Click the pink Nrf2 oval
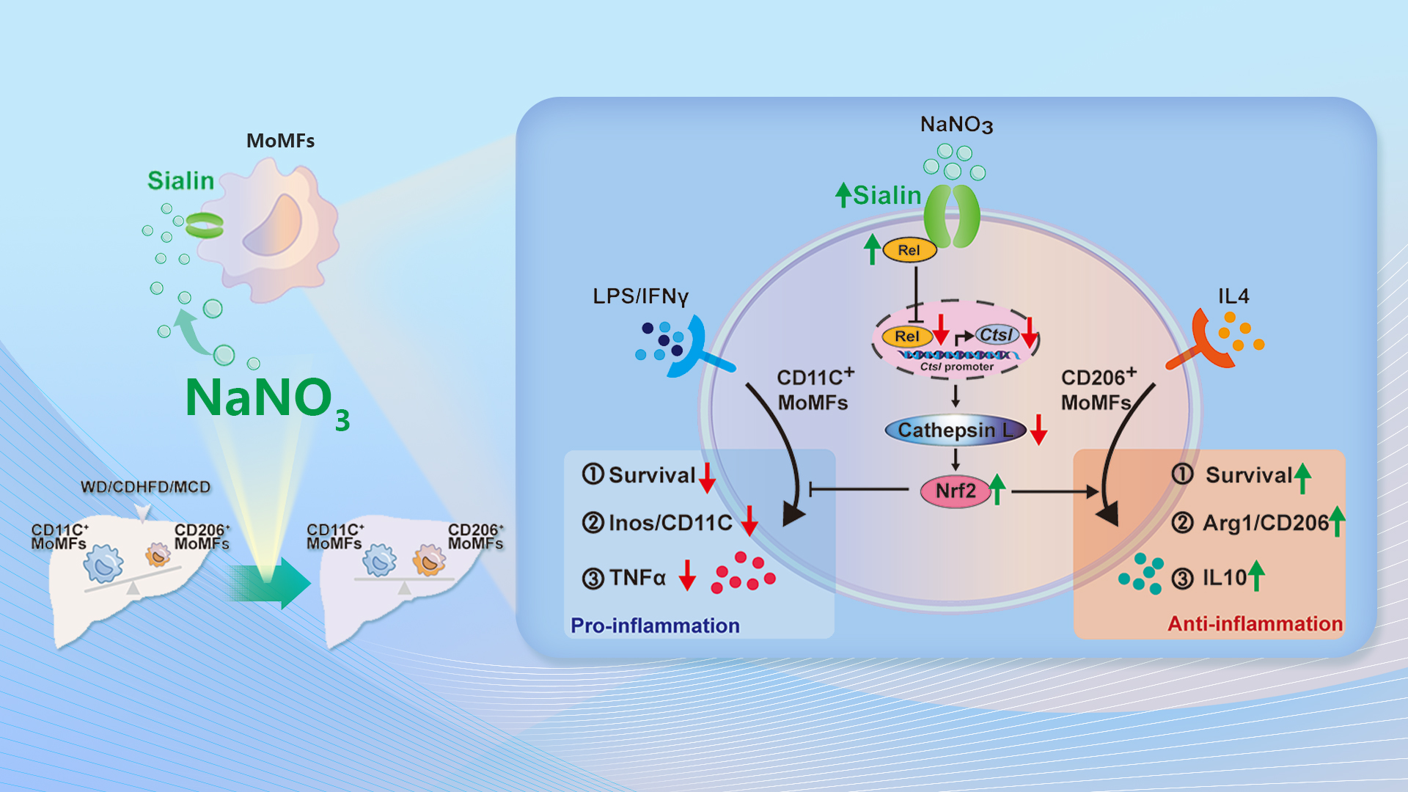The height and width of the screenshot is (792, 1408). point(955,491)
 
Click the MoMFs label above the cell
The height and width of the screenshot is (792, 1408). point(280,141)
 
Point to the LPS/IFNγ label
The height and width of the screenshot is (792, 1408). point(640,296)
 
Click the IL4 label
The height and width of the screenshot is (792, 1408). point(1233,296)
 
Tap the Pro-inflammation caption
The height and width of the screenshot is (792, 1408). point(655,626)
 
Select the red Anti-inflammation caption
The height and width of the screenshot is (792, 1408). point(1255,624)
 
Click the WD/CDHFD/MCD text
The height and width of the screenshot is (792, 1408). point(145,487)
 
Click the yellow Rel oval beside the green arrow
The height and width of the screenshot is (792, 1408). point(909,250)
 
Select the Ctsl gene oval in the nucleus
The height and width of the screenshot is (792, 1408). point(995,335)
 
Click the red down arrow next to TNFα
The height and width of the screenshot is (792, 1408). point(686,575)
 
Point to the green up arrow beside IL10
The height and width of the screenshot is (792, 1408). point(1256,576)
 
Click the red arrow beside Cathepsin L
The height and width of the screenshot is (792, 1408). point(1038,430)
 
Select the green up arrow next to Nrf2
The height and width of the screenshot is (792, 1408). point(997,489)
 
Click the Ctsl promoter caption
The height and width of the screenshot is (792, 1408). point(957,367)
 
